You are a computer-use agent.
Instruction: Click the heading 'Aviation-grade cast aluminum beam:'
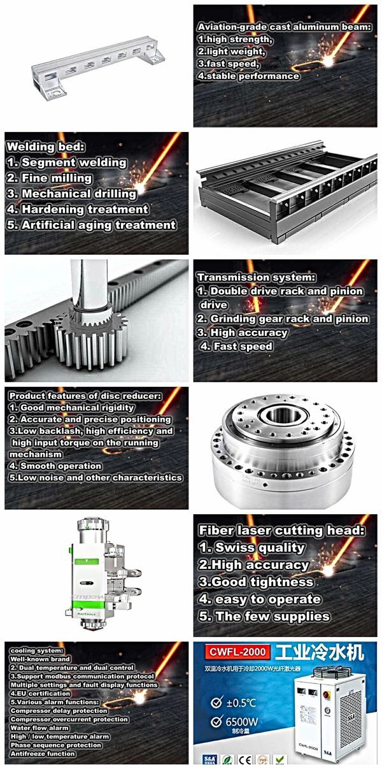click(x=284, y=28)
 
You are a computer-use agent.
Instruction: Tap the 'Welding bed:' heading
click(x=38, y=147)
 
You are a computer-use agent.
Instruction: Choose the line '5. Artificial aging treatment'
click(x=91, y=225)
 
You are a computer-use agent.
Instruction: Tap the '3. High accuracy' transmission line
click(x=242, y=333)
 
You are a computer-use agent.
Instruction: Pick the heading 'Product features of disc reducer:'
click(x=85, y=396)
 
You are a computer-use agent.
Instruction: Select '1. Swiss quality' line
click(x=251, y=547)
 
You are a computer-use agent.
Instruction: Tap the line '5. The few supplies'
click(x=264, y=616)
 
